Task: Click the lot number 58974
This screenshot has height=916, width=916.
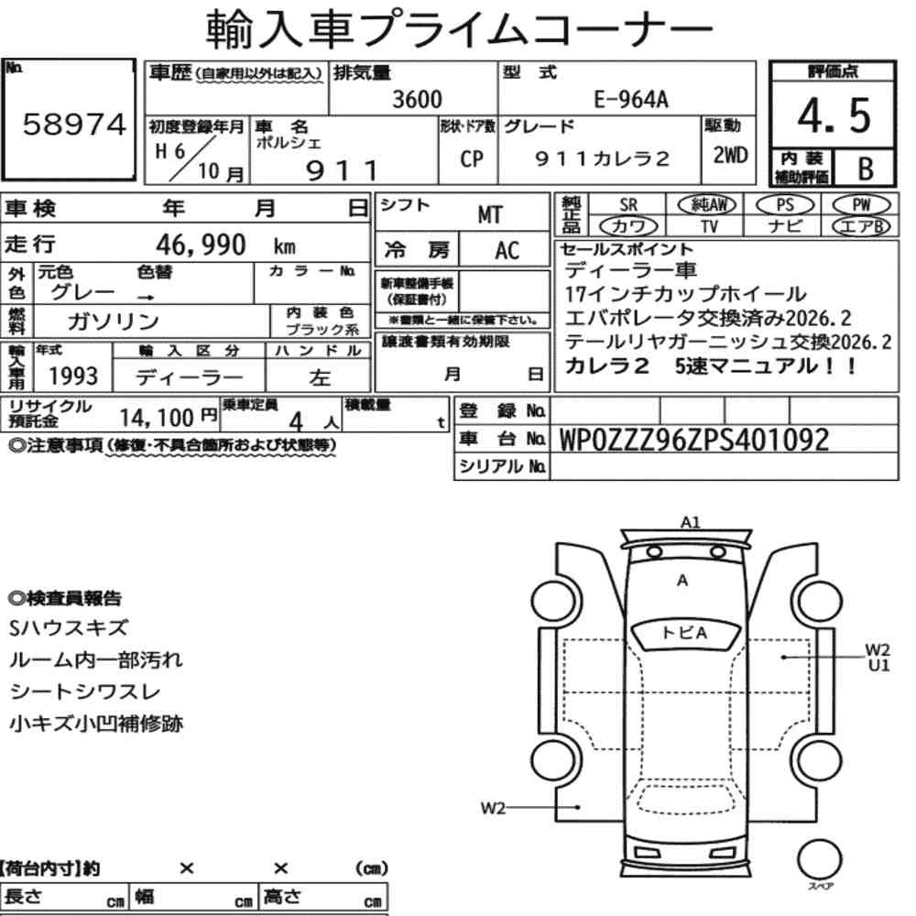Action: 74,124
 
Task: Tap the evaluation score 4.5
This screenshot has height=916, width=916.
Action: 834,115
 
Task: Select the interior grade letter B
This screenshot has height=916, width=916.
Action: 866,169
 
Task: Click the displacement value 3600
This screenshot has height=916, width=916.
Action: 417,99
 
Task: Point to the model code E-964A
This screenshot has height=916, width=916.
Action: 631,100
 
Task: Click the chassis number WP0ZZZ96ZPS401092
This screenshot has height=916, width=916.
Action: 694,440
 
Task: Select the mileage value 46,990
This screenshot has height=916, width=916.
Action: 201,245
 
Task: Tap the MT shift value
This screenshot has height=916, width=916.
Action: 489,215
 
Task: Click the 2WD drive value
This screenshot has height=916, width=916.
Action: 730,155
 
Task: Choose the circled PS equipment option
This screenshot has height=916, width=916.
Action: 785,205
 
